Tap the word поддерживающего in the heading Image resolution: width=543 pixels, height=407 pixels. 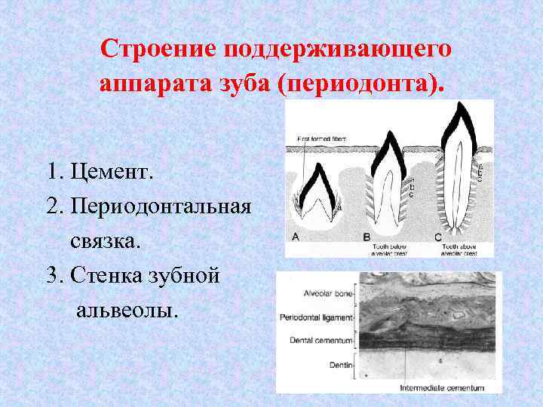tap(337, 49)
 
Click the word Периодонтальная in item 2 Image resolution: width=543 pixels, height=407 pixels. tap(159, 207)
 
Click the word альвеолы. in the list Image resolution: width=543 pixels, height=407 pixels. tap(127, 310)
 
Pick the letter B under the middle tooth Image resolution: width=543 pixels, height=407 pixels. tap(367, 237)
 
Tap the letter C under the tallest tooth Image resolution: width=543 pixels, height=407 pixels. tap(437, 237)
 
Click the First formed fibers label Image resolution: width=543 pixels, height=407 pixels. tap(321, 139)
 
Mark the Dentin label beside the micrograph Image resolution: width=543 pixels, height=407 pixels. tap(340, 364)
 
